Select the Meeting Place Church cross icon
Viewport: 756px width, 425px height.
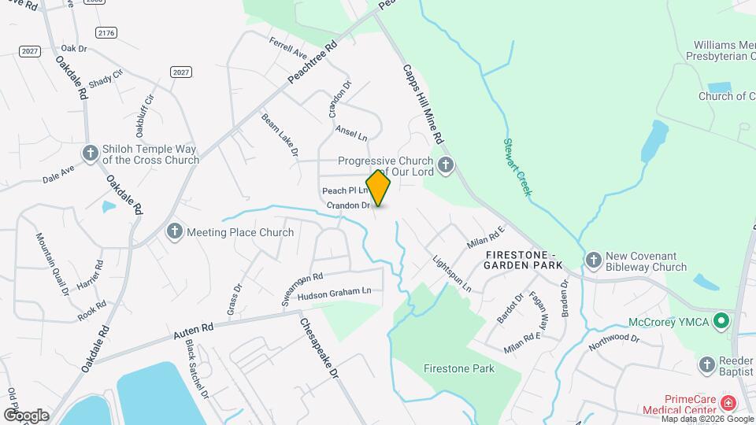[x=174, y=231]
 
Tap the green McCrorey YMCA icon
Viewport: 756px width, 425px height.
[x=720, y=321]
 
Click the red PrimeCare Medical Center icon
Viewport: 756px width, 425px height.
[x=728, y=404]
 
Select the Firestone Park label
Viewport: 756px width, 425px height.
[x=458, y=368]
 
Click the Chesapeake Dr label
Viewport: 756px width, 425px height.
[x=320, y=347]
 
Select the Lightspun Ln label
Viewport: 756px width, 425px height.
[x=451, y=274]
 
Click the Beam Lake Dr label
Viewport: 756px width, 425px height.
[x=280, y=133]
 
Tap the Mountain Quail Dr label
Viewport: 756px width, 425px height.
[x=52, y=264]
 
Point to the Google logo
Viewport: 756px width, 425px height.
[x=26, y=415]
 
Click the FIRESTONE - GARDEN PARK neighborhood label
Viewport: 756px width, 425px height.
[x=524, y=261]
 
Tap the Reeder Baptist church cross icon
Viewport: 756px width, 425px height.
[x=706, y=364]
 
